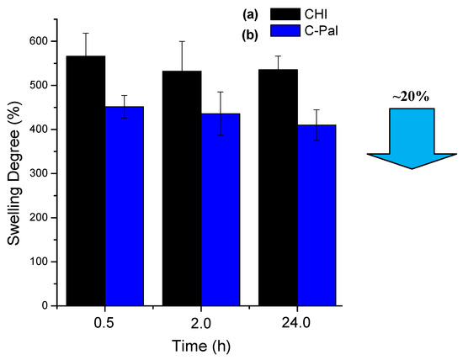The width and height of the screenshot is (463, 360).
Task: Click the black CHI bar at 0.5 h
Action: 86,181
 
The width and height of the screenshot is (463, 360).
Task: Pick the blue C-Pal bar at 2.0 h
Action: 221,209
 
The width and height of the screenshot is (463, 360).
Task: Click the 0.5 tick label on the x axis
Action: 105,323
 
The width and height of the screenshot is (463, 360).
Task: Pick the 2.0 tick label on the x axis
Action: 202,323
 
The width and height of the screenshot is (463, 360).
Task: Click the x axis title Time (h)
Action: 202,345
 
